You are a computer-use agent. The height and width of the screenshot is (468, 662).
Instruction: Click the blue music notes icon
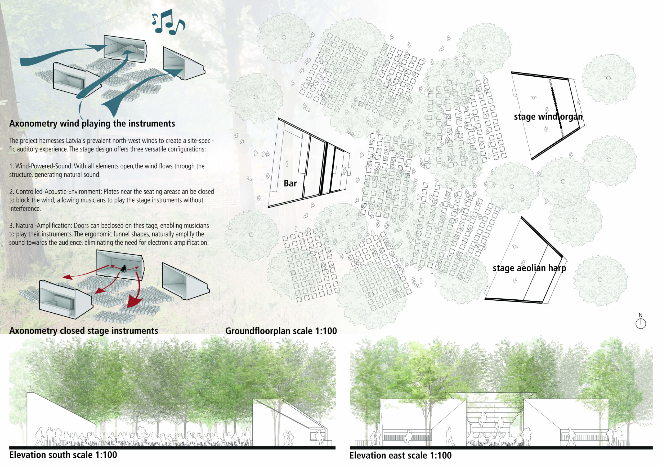point(168,22)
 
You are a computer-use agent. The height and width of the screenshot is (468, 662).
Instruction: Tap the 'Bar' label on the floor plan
point(290,183)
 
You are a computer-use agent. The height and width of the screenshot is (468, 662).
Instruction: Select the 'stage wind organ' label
point(548,117)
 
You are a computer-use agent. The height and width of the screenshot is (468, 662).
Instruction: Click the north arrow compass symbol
point(640,323)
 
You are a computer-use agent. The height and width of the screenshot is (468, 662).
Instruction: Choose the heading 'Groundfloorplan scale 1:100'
point(281,331)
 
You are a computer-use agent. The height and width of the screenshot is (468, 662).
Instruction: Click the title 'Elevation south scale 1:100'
point(63,455)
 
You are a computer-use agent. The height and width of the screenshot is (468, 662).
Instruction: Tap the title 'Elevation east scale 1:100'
point(400,455)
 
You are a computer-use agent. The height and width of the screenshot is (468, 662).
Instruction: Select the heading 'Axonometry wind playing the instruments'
point(92,124)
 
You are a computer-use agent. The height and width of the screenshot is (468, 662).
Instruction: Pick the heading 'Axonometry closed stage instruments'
point(84,331)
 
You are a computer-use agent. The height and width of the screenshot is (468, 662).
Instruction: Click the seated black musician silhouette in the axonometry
point(124,269)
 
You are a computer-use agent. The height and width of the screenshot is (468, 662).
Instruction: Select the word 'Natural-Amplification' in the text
point(43,225)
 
